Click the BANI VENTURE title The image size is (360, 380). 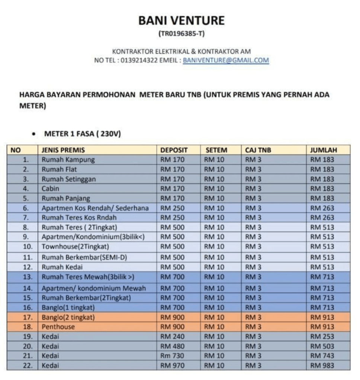pos(181,20)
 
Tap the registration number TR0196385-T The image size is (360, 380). pos(181,34)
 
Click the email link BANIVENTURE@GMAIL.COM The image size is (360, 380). pos(226,61)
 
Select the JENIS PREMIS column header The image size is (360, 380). pos(63,150)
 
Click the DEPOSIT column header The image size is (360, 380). pos(174,150)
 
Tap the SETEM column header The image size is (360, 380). pos(216,150)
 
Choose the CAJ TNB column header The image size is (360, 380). pos(258,150)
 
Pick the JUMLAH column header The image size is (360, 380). pos(324,150)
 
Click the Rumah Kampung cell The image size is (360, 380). pos(68,160)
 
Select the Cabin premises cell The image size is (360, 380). pos(50,188)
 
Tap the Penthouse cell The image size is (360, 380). pos(58,327)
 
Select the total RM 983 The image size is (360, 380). pos(322,366)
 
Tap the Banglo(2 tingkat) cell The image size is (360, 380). pos(68,317)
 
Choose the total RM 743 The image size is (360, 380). pos(322,356)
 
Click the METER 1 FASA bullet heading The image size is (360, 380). pos(82,134)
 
